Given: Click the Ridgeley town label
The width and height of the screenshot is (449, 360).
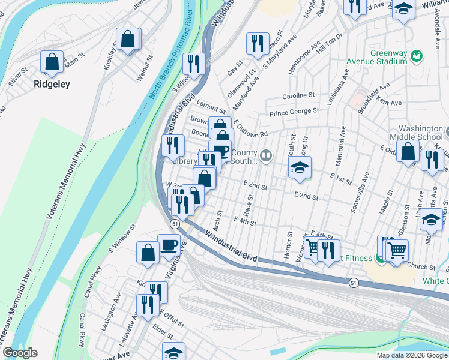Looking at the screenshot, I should (52, 84).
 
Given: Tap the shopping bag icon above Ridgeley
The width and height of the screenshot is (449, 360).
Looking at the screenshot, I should (52, 62).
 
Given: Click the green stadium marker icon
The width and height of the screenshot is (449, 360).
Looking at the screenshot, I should (415, 56).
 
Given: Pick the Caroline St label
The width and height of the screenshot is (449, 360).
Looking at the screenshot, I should (299, 95).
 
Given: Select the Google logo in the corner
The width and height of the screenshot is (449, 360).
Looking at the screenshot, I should (20, 353).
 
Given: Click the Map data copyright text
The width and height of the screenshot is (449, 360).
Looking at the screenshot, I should (412, 355).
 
